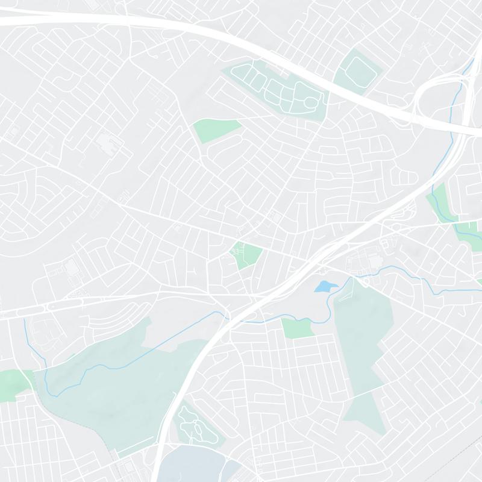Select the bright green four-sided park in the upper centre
[x=215, y=130]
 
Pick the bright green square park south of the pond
[x=298, y=328]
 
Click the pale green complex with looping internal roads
[x=277, y=90]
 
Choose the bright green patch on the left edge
[x=13, y=383]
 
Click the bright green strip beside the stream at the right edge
[x=443, y=202]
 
